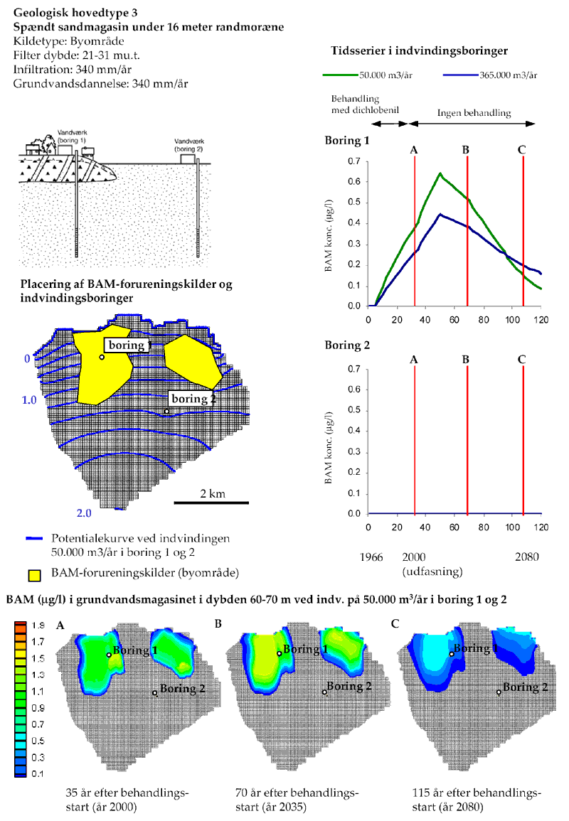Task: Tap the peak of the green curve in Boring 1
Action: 440,173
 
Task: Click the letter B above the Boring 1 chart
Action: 465,150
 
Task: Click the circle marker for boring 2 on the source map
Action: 167,411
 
